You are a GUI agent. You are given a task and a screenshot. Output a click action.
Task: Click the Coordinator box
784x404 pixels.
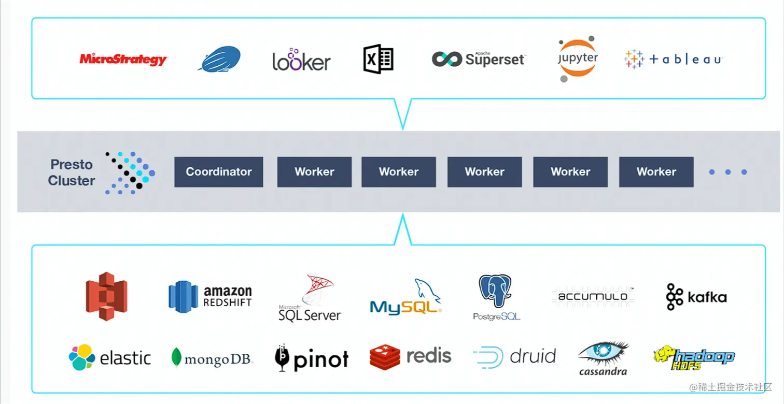(x=218, y=172)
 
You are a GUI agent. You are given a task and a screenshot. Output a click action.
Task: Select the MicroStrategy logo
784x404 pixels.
(x=123, y=60)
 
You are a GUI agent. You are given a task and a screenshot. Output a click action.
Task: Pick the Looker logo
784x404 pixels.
(x=301, y=61)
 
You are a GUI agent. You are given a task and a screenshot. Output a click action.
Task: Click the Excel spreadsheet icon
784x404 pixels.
(x=378, y=59)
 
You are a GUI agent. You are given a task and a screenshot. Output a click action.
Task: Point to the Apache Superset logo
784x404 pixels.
(x=479, y=59)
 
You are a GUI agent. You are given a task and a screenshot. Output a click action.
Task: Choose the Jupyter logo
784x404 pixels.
(x=578, y=59)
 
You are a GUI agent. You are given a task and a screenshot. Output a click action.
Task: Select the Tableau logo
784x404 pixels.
(x=673, y=60)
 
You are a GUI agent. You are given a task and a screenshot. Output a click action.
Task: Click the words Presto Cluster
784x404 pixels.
(x=72, y=172)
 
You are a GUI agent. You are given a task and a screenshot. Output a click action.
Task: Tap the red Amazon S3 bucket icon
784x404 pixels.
(x=106, y=296)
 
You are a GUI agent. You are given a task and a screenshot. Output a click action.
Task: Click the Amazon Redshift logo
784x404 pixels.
(x=210, y=297)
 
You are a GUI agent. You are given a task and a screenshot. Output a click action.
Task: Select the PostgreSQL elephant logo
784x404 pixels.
(x=496, y=298)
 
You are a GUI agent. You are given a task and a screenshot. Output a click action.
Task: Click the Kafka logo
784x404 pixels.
(x=696, y=297)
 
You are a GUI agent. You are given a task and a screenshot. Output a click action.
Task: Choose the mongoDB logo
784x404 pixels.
(x=212, y=357)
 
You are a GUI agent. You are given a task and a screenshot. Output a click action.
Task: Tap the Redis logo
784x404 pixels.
(x=410, y=357)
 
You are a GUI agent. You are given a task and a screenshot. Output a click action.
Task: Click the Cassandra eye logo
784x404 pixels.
(x=603, y=358)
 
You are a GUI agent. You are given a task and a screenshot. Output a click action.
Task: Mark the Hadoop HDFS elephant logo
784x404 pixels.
(x=694, y=357)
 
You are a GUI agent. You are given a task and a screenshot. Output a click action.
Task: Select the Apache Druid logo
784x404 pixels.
(x=514, y=356)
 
